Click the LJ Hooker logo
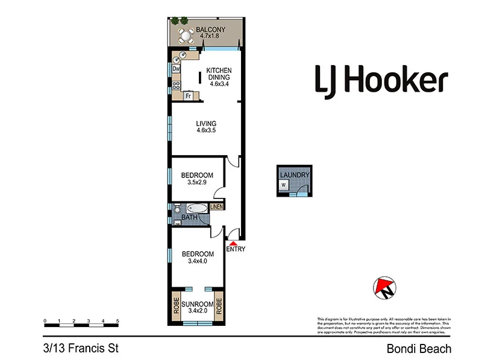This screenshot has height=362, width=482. [381, 80]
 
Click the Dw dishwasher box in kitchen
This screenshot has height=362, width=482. [177, 69]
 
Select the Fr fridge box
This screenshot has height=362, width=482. [188, 96]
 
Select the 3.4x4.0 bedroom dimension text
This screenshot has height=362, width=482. [198, 261]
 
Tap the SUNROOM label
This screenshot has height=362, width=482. [197, 303]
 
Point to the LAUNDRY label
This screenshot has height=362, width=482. [295, 175]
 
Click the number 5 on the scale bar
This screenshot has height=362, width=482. [118, 321]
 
